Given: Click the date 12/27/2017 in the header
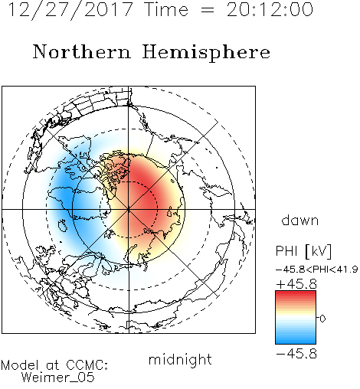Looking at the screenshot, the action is tap(70, 10).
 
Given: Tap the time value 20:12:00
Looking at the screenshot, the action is tap(270, 9).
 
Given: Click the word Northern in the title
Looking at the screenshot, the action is tap(82, 52).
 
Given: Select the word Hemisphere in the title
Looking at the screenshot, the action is tap(206, 53).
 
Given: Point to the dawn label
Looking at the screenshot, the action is tap(300, 220).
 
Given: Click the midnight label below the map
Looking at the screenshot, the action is tap(180, 359).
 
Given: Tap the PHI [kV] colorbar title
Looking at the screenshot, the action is tap(303, 251).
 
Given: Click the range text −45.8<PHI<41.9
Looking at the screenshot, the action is tap(317, 270).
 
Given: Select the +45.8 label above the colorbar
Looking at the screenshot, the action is tap(296, 284).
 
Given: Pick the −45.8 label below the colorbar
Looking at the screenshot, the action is tap(296, 354).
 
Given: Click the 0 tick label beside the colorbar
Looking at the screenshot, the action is tap(322, 319).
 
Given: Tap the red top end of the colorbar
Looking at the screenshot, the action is tap(296, 293).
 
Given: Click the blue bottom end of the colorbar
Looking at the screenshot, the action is tap(296, 342).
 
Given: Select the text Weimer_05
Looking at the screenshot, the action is tap(58, 378).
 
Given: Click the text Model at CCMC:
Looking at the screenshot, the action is tap(54, 365).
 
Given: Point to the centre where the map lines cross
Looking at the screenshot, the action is tap(129, 210).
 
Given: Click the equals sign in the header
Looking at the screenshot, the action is tap(208, 10).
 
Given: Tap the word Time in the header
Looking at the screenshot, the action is tap(166, 9).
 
